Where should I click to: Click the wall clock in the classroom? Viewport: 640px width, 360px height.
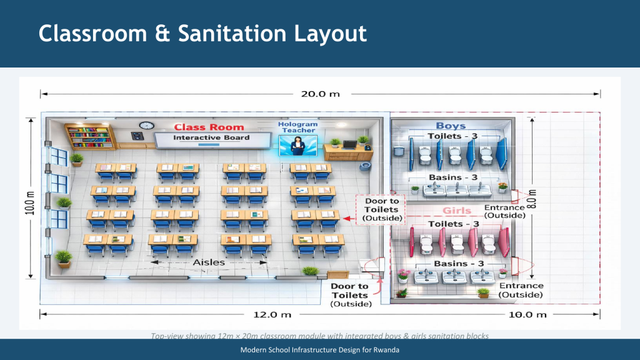pos(146,126)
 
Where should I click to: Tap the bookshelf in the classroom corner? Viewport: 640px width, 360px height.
pos(91,136)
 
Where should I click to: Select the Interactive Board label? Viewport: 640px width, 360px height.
pos(211,137)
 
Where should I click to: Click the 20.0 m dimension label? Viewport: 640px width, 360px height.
pos(321,94)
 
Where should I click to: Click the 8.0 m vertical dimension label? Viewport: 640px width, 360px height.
pos(532,199)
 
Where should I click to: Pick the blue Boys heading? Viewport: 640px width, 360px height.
pos(451,126)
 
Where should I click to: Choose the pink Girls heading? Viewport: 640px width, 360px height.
pos(457,211)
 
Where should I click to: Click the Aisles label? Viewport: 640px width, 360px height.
pos(208,262)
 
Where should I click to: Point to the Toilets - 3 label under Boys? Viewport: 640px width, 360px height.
pos(454,136)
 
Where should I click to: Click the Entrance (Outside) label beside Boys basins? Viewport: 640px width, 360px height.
pos(504,211)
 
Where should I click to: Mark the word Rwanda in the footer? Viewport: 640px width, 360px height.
pos(386,349)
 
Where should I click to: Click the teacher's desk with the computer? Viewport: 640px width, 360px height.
pos(348,151)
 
